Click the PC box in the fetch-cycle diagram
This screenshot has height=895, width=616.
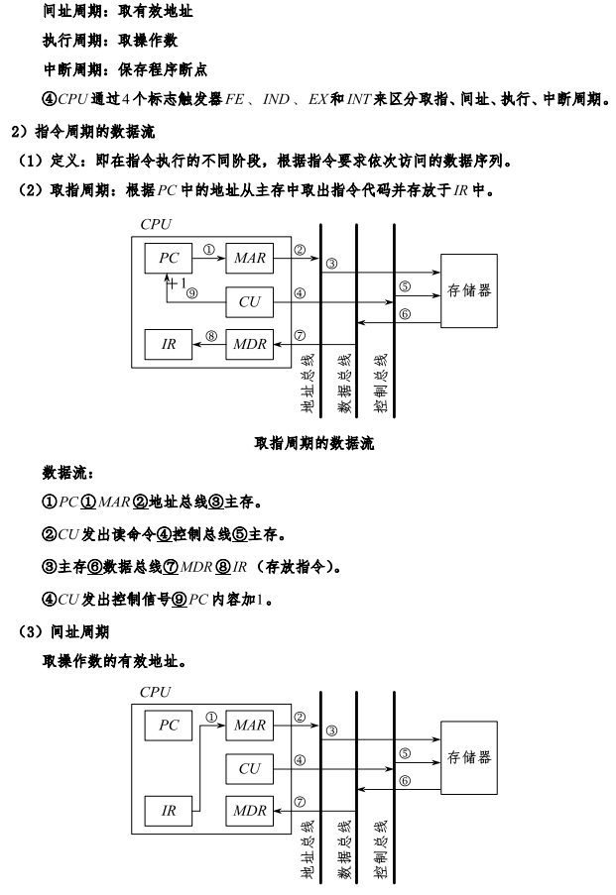169,258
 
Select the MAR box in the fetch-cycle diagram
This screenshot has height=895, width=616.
249,258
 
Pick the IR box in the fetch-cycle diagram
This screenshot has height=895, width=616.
169,344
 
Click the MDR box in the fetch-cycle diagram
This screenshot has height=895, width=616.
249,344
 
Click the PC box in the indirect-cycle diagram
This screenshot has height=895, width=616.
169,726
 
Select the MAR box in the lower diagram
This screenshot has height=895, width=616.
249,726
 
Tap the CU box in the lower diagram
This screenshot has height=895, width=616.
249,768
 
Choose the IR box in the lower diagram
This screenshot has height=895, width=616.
169,811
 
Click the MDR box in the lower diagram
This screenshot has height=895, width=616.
249,811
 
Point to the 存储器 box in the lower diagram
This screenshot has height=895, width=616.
470,758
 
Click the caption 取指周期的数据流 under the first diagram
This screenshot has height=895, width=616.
308,443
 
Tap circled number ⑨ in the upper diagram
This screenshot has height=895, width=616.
191,293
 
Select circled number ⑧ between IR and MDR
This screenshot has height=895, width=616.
209,336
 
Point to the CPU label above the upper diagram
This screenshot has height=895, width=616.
156,224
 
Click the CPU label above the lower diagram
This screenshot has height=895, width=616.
156,692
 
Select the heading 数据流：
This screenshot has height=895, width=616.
68,473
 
